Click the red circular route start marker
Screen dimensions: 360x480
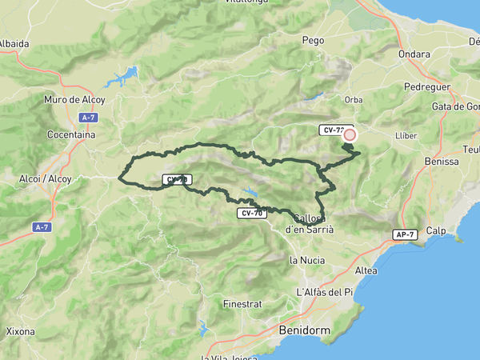click(350, 135)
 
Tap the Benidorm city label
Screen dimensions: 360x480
click(300, 330)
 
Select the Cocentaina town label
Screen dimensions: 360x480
click(71, 135)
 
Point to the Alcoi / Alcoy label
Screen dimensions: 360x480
click(45, 179)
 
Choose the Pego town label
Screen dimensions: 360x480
click(313, 39)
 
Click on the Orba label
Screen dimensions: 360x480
click(354, 100)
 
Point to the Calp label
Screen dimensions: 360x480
click(436, 230)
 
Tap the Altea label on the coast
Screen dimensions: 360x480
click(366, 271)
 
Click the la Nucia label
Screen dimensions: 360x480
click(305, 260)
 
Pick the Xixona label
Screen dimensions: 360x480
click(20, 331)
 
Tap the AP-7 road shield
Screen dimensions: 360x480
click(405, 234)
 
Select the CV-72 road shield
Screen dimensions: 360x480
click(334, 129)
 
